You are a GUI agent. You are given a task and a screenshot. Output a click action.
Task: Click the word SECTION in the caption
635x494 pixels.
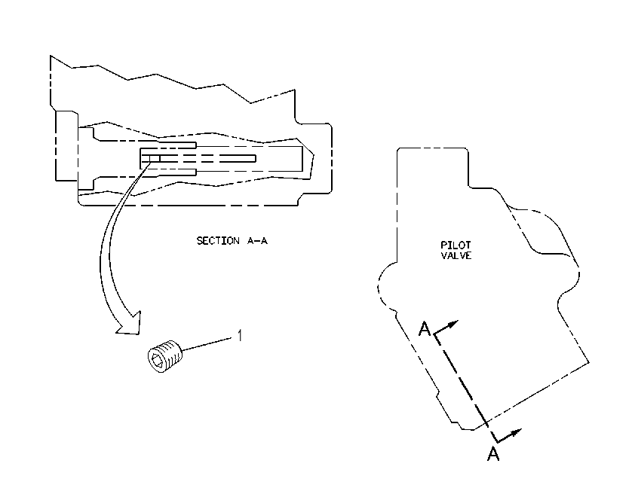click(218, 241)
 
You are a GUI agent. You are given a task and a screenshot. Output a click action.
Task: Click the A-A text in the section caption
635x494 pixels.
click(258, 241)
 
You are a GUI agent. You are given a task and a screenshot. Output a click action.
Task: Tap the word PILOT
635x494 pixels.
click(456, 245)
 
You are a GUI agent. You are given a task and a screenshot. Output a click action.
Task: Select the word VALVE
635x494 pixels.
click(456, 255)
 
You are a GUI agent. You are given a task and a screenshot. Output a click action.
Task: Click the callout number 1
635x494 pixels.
click(240, 335)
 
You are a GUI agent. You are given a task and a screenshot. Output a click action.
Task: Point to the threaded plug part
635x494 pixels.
click(165, 356)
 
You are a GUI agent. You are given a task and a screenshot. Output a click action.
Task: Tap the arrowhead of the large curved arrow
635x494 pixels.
click(130, 323)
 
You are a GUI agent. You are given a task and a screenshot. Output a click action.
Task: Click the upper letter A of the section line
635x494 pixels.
click(424, 329)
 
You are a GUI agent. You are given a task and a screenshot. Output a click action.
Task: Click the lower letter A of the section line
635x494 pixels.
click(493, 454)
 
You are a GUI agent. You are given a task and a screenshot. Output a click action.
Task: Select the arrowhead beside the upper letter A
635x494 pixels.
click(452, 324)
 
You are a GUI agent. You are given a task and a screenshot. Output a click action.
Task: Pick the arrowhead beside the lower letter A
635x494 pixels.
click(515, 433)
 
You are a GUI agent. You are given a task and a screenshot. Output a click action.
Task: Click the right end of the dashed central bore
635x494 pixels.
click(256, 158)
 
